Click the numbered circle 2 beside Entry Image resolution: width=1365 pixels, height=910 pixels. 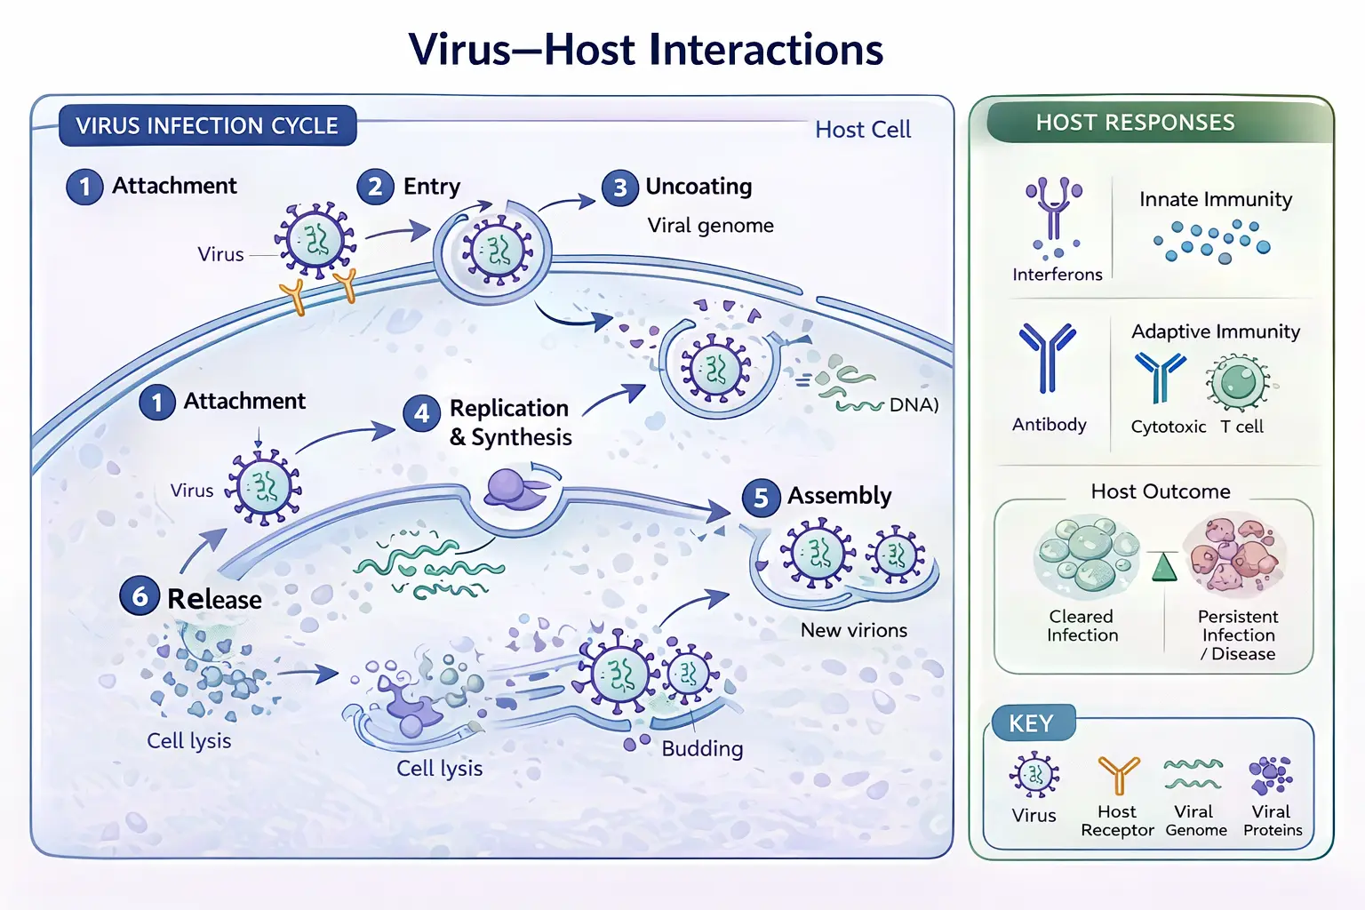(375, 187)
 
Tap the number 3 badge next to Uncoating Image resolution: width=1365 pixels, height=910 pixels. (619, 188)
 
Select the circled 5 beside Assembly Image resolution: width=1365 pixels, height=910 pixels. (761, 498)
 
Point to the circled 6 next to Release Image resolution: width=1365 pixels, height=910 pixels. (140, 596)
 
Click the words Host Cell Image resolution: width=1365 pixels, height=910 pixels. (862, 130)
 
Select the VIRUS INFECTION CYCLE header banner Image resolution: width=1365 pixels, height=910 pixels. (207, 125)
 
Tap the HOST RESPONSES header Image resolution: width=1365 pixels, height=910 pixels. (1135, 123)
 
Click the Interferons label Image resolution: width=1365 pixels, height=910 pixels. (1057, 275)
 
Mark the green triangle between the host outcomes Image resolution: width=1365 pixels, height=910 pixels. (1164, 567)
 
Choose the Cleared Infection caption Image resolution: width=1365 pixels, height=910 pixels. (1082, 626)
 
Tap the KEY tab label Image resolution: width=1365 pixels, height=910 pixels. (1031, 724)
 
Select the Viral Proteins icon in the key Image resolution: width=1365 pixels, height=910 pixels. (1271, 775)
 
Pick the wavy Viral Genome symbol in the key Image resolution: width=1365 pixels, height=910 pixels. (1193, 774)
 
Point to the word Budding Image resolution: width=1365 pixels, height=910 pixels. (702, 748)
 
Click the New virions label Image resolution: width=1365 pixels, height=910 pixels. (853, 630)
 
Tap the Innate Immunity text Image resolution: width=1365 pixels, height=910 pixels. (1216, 199)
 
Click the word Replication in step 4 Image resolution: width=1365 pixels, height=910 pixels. (508, 408)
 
